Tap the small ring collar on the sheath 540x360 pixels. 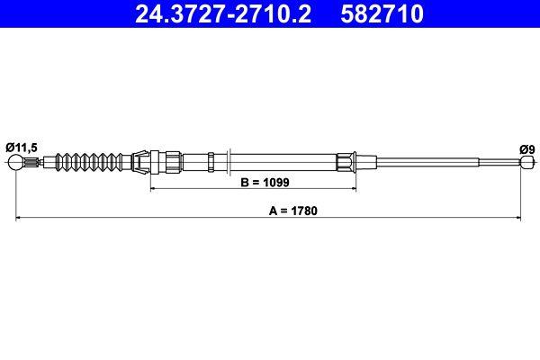pyautogui.click(x=211, y=163)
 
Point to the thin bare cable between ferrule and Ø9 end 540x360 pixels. pyautogui.click(x=432, y=163)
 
